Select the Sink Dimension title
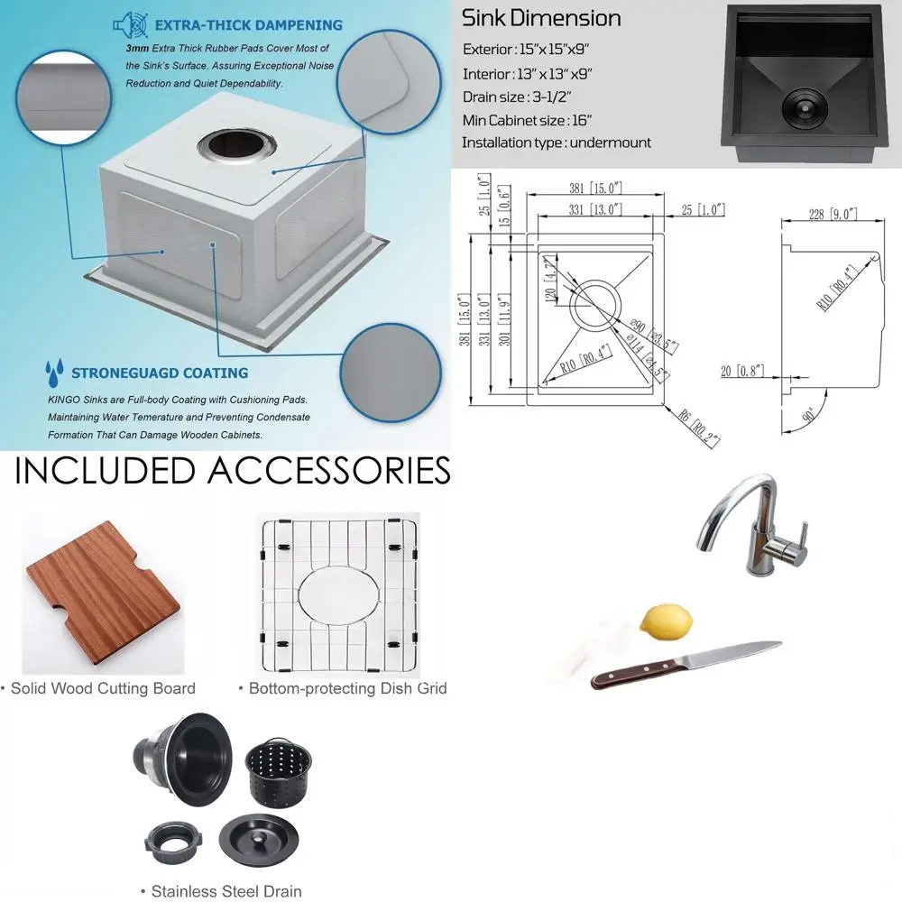(541, 18)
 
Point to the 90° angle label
(813, 417)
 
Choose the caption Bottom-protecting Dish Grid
(343, 688)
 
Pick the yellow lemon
(667, 621)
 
